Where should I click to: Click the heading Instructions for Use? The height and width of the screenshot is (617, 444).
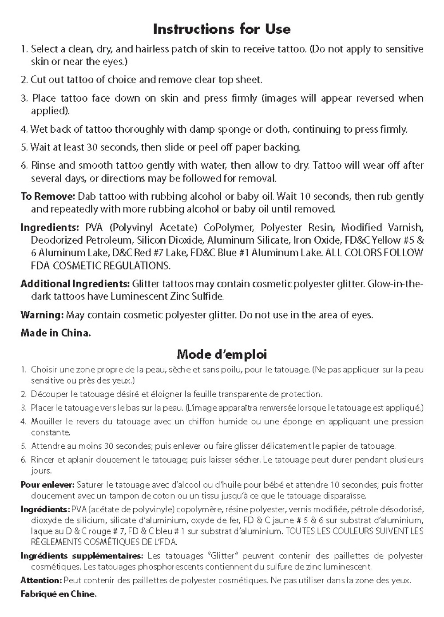point(222,29)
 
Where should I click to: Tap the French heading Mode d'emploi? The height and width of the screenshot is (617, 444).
point(222,354)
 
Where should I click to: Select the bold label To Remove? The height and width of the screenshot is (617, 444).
point(48,196)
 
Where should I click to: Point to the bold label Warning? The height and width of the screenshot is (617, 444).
point(42,315)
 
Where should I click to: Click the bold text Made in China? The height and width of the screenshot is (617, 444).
point(55,333)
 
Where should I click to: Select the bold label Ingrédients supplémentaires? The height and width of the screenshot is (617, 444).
point(82,555)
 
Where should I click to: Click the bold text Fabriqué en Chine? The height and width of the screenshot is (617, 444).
point(58,594)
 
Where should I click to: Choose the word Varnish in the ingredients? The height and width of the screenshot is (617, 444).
point(403,228)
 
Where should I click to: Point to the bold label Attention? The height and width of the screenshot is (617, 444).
point(41,580)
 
